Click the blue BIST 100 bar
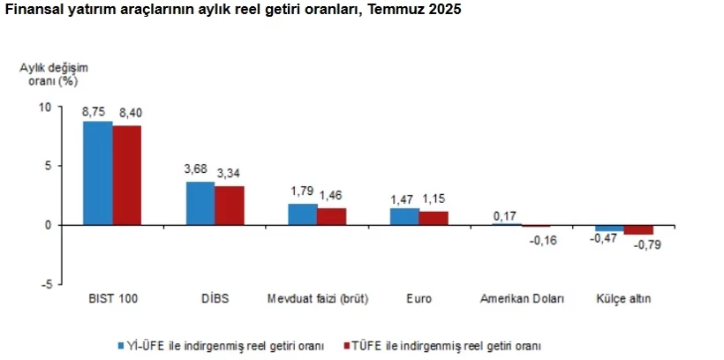tap(97, 173)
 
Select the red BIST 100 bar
tap(126, 176)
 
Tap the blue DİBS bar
tap(200, 203)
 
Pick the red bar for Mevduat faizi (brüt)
tap(331, 216)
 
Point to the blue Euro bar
tap(404, 216)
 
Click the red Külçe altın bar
tap(638, 229)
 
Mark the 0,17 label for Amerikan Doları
tap(507, 214)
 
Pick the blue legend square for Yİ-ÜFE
tap(122, 344)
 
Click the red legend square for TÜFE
tap(347, 344)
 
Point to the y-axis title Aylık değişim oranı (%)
tap(54, 74)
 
